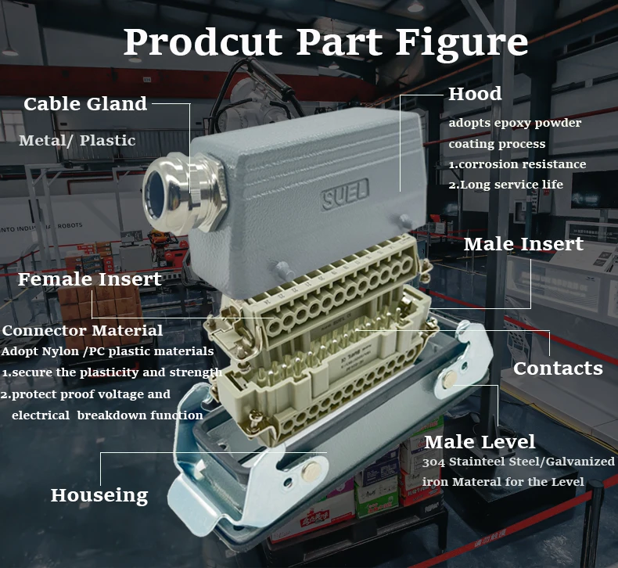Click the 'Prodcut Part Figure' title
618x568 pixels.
click(x=325, y=43)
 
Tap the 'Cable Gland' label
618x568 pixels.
click(x=85, y=104)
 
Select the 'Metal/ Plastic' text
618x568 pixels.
click(x=77, y=140)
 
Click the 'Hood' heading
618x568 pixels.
click(x=475, y=94)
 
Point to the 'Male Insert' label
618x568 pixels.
click(x=523, y=243)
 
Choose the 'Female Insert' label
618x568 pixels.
click(x=89, y=279)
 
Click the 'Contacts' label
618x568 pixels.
click(x=558, y=368)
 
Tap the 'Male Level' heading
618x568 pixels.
click(x=480, y=441)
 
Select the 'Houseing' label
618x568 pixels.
click(x=99, y=495)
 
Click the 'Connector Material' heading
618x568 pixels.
click(x=82, y=330)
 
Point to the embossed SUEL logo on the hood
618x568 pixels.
click(x=345, y=193)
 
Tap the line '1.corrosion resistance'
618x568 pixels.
click(x=517, y=164)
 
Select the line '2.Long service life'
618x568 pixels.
click(x=505, y=185)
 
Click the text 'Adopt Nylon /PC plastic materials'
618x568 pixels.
click(x=107, y=351)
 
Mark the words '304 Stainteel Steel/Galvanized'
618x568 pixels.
click(x=519, y=461)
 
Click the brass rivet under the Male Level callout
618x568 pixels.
click(x=449, y=379)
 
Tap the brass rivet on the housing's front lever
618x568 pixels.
click(x=311, y=471)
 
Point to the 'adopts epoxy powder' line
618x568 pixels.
click(x=515, y=123)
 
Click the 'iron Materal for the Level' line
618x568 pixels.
click(x=503, y=482)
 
